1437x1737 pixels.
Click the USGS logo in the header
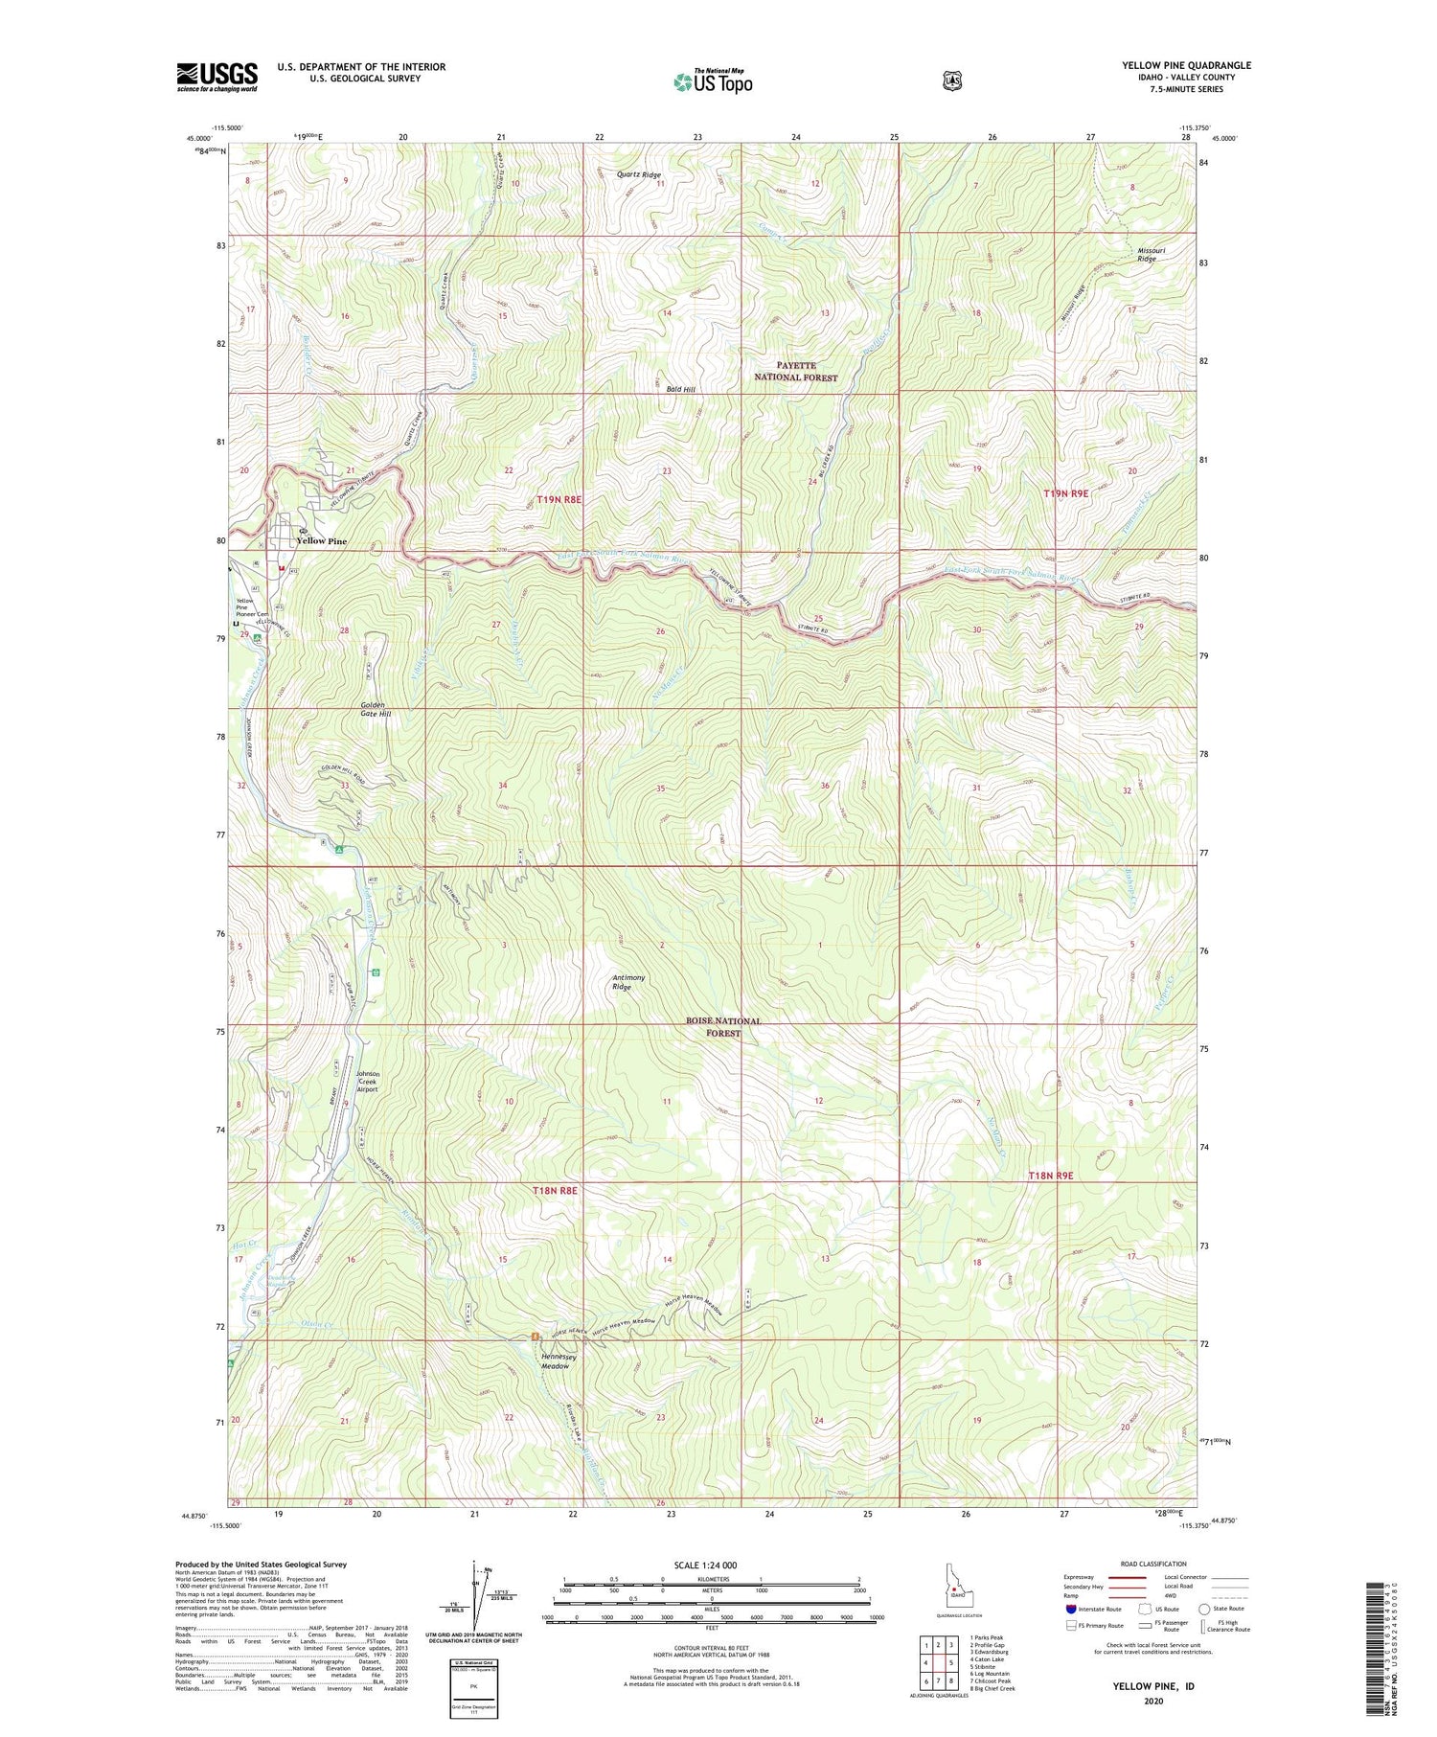(217, 77)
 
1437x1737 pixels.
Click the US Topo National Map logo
(713, 80)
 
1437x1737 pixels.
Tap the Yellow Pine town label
(322, 541)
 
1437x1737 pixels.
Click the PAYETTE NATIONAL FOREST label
(795, 372)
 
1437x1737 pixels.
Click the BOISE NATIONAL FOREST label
(723, 1027)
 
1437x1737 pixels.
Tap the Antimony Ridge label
(628, 982)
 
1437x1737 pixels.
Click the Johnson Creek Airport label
(367, 1082)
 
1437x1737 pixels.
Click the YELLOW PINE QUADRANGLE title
(1186, 65)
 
